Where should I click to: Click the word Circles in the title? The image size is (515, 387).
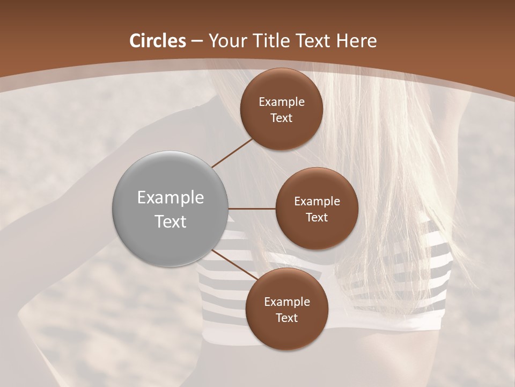(x=158, y=41)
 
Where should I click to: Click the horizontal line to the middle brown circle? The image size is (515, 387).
(x=252, y=209)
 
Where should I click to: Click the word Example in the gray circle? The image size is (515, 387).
(x=171, y=198)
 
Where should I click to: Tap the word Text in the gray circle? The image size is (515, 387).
(x=171, y=221)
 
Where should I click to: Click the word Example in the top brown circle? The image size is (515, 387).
(x=282, y=102)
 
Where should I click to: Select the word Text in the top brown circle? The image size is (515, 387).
(x=282, y=118)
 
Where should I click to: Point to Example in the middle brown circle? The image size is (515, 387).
(x=317, y=202)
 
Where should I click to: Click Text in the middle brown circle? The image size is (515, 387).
(x=317, y=218)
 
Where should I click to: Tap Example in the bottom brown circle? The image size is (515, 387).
(x=286, y=302)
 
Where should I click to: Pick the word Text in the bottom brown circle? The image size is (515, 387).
(x=286, y=318)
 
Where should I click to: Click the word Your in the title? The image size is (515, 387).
(x=224, y=41)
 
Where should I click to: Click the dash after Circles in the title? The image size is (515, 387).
(x=197, y=41)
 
